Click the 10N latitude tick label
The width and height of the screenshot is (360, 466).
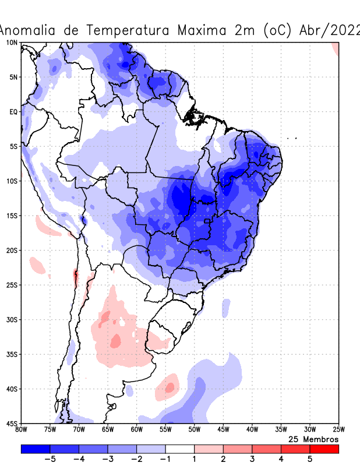pos(12,43)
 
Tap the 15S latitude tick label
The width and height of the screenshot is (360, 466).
pos(12,216)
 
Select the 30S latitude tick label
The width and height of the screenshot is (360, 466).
pos(12,320)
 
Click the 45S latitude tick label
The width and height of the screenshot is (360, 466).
pos(12,423)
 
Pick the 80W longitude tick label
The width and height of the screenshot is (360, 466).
pos(22,430)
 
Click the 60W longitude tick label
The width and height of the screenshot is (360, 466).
pos(137,430)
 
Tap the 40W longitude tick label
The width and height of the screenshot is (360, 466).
pos(252,430)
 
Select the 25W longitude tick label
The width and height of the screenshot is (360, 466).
pos(338,430)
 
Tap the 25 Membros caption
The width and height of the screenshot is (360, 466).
pos(313,439)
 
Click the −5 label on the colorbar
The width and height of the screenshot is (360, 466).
pos(50,460)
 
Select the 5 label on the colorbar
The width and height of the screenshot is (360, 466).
pos(310,460)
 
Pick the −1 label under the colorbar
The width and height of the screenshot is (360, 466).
pos(165,460)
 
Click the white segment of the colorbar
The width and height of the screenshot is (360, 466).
pos(179,449)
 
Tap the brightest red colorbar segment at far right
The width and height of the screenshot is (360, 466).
pos(324,449)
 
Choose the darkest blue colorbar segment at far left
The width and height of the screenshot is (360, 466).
pos(35,449)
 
